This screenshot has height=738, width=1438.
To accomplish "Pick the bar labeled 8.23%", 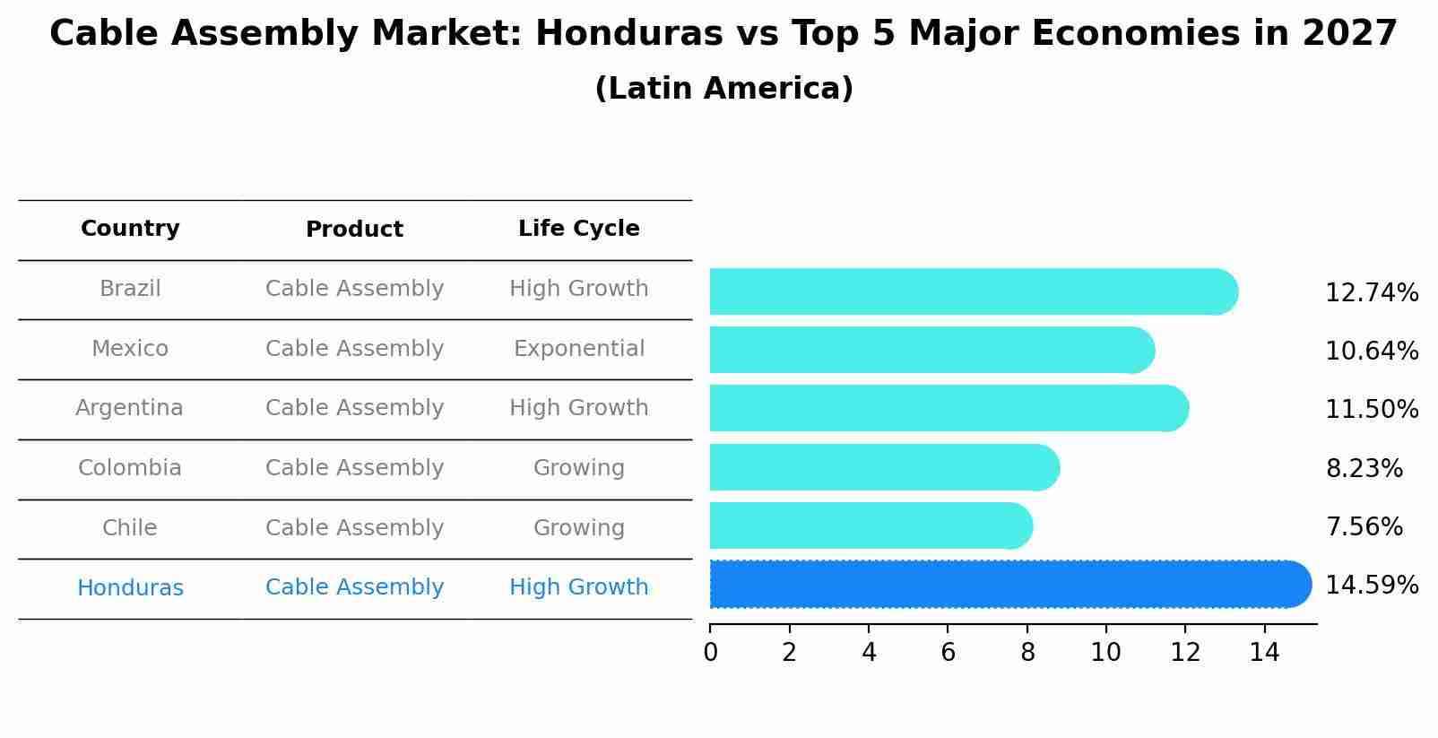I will (x=883, y=467).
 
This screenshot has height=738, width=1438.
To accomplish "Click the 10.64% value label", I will (x=1372, y=351).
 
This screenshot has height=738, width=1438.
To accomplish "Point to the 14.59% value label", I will (x=1372, y=586).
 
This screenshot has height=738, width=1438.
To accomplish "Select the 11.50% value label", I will (x=1372, y=410).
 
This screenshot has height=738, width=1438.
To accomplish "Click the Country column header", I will (x=130, y=229).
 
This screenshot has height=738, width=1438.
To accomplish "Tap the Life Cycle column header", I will (x=578, y=229).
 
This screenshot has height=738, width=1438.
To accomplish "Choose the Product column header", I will (x=354, y=230).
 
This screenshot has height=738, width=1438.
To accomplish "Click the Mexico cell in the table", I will (x=130, y=349).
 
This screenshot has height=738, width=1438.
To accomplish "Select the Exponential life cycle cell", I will (x=578, y=349).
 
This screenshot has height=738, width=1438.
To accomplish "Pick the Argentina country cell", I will (x=129, y=408).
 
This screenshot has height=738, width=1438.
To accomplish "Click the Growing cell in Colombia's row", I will (x=578, y=468).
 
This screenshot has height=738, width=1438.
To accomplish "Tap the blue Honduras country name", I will (x=130, y=588).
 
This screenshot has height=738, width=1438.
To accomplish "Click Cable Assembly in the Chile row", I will (x=354, y=528).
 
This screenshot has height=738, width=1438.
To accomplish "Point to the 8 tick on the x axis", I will (x=1027, y=653).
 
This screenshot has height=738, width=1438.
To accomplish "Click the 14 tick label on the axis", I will (x=1264, y=653).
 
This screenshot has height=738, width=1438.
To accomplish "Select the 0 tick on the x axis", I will (x=710, y=653).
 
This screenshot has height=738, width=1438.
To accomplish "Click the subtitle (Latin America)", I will (x=723, y=89).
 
